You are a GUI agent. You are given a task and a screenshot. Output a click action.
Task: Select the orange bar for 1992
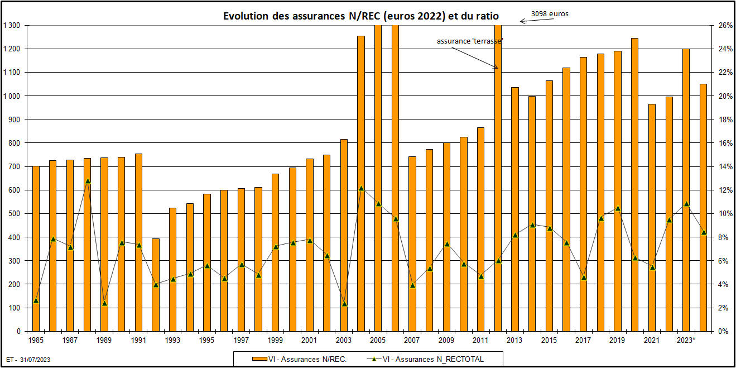(x=156, y=285)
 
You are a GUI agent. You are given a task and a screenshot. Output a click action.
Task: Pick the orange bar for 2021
(x=652, y=218)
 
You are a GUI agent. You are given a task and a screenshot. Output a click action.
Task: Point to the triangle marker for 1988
(x=88, y=181)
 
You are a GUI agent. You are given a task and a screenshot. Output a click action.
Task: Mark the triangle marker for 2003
(x=344, y=304)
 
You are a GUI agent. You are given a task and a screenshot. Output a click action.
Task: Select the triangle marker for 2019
(x=618, y=208)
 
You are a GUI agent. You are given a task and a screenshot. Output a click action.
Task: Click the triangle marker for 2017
(x=584, y=278)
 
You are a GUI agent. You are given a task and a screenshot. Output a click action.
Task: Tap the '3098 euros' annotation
(x=550, y=14)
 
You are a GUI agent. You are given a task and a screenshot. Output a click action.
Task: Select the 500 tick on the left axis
(x=15, y=214)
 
